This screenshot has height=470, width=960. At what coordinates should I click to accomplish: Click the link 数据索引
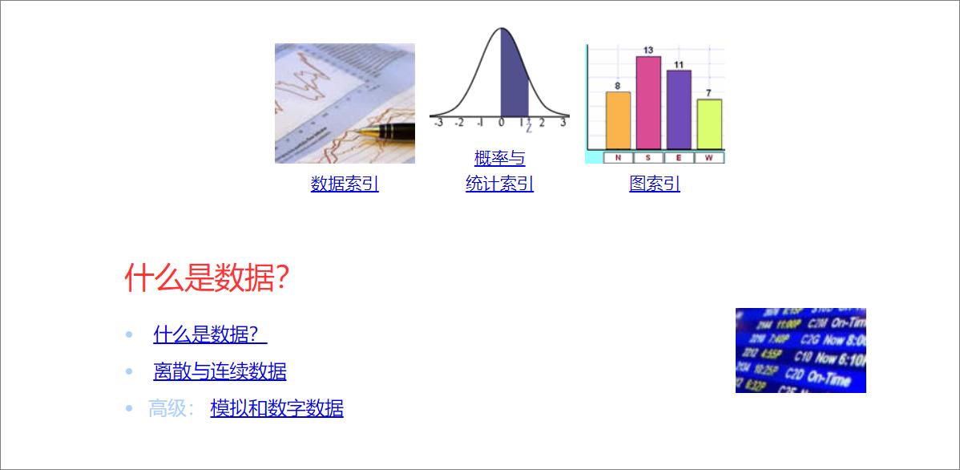click(345, 184)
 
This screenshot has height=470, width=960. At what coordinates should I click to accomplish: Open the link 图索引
click(655, 184)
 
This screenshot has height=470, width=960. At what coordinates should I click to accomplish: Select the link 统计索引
click(499, 184)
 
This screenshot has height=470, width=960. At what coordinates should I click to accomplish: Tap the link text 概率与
click(499, 158)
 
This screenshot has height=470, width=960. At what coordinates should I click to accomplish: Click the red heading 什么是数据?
click(207, 278)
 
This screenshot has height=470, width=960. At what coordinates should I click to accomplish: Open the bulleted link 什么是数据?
click(209, 334)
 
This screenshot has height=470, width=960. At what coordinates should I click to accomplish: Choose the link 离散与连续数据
click(220, 371)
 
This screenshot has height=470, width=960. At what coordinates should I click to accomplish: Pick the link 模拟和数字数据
click(276, 408)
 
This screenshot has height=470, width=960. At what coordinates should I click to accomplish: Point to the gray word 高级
click(167, 408)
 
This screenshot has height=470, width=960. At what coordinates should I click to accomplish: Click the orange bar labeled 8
click(618, 120)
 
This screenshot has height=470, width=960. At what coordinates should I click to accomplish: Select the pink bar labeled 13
click(648, 103)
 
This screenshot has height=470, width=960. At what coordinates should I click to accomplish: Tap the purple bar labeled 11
click(679, 109)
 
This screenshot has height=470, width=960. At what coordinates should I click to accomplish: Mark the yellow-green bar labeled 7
click(709, 124)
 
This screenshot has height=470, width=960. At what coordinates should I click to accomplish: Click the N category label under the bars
click(618, 158)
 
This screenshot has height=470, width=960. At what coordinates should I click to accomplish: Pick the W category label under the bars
click(709, 158)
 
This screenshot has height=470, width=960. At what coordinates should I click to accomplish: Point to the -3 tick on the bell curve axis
click(438, 123)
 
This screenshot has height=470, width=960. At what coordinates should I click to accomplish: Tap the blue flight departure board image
click(801, 350)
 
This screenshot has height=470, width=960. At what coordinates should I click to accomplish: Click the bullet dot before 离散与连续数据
click(129, 371)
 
